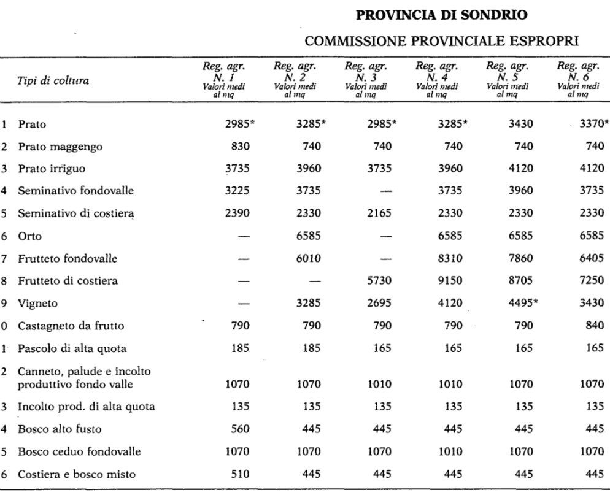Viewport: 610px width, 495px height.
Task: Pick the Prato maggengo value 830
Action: (239, 147)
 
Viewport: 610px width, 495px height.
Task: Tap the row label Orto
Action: (28, 236)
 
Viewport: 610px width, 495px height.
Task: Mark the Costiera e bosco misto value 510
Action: (239, 474)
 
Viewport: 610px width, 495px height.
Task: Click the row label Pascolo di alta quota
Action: (72, 348)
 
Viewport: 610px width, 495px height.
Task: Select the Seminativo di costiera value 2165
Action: (380, 213)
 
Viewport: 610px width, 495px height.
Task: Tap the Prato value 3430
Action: (521, 125)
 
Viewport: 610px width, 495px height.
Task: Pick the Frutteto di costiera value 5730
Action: (380, 281)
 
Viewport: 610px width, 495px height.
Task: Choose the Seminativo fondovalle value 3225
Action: (236, 191)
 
